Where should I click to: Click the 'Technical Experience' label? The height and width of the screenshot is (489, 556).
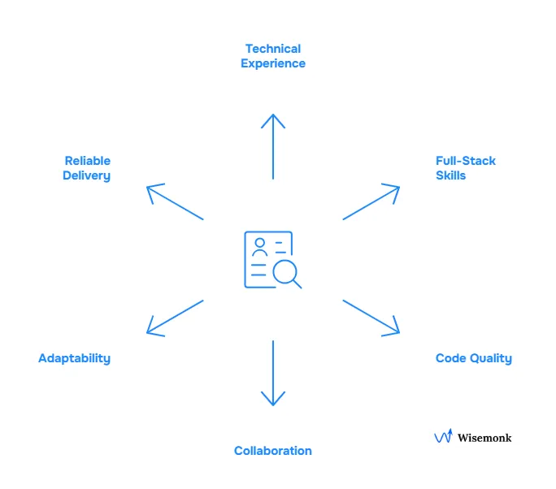273,56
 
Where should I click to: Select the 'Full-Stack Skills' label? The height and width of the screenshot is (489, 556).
465,167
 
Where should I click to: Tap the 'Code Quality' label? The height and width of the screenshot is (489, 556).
473,358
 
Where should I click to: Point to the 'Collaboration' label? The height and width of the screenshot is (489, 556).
273,451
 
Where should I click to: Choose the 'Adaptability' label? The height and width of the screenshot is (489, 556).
74,358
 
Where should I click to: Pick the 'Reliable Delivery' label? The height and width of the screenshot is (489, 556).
87,168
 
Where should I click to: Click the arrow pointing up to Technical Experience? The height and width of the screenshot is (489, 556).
273,146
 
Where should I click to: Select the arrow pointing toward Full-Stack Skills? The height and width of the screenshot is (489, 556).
371,202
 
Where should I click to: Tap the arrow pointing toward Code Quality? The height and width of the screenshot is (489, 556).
371,317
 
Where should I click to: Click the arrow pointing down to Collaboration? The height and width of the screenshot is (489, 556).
273,373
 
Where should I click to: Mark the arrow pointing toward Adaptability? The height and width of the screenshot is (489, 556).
175,317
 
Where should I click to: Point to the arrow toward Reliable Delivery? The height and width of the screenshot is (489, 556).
175,202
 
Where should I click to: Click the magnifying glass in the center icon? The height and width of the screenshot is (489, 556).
285,272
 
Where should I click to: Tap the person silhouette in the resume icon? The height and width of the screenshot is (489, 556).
260,247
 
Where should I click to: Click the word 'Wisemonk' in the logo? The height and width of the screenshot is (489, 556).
484,438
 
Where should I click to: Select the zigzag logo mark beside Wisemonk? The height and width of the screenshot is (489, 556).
443,436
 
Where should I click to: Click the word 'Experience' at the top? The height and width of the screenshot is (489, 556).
273,63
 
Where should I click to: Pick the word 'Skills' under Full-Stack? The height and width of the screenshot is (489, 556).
451,175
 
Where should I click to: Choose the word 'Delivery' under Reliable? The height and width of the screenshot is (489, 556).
87,175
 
